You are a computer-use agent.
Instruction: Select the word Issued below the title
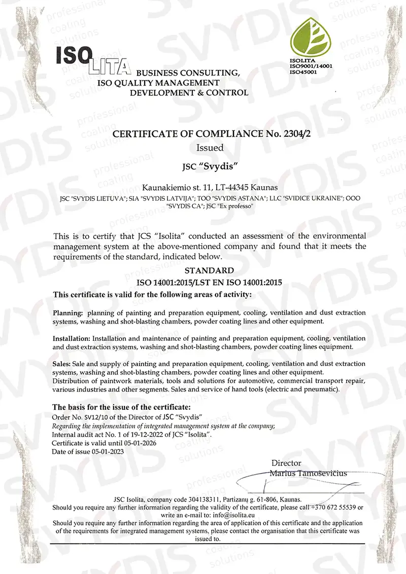(210, 148)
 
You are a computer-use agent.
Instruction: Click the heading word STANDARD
(209, 271)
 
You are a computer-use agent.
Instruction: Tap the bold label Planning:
(69, 313)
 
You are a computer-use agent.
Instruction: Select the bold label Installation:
(72, 338)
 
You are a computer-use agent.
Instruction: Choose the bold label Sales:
(62, 364)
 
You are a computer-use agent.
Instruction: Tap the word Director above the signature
(286, 463)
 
